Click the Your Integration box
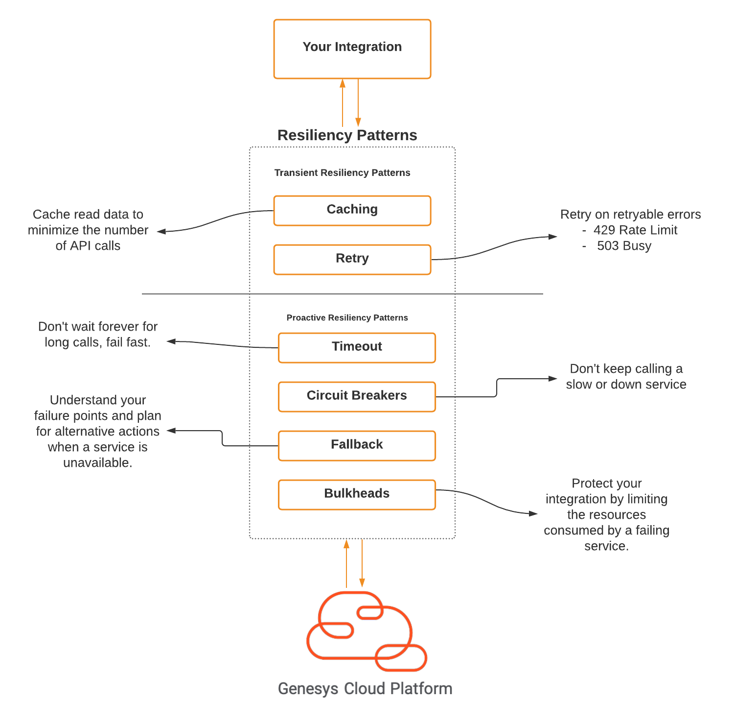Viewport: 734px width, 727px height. pos(352,49)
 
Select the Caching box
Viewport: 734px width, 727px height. pos(352,211)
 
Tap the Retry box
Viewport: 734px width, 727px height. pos(352,260)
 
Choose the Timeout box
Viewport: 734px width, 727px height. pos(357,348)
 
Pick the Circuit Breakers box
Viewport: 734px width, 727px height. pos(357,397)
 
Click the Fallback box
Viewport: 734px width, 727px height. pos(357,446)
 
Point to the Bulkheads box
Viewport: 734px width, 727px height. pos(357,495)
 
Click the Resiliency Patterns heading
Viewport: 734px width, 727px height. pos(347,135)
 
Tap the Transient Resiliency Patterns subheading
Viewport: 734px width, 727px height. pos(342,173)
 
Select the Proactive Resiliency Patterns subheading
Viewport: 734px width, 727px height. pos(347,318)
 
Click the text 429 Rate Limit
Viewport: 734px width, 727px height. pos(635,230)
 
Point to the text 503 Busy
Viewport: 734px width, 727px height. pos(624,246)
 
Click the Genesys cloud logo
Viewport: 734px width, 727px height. pos(367,632)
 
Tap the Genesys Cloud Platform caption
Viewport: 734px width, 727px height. pos(365,689)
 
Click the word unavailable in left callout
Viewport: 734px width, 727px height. pos(97,463)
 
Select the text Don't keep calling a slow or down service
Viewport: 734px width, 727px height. pos(626,377)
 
